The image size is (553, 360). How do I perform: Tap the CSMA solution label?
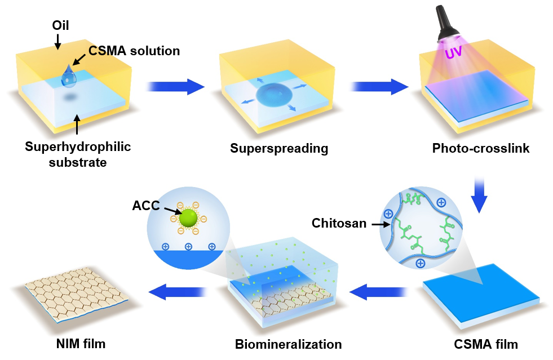[134, 51]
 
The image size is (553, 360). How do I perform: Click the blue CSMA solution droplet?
[69, 77]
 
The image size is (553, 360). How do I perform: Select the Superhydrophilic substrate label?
[78, 154]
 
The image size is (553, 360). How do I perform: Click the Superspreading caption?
[279, 149]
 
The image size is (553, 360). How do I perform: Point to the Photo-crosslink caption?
[481, 149]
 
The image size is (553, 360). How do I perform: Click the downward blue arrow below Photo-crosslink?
[479, 194]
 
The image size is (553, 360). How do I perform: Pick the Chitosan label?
[339, 224]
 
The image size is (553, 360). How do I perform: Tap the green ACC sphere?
[188, 219]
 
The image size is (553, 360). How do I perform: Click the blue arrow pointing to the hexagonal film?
[177, 292]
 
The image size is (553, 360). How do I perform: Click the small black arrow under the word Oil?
[57, 41]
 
